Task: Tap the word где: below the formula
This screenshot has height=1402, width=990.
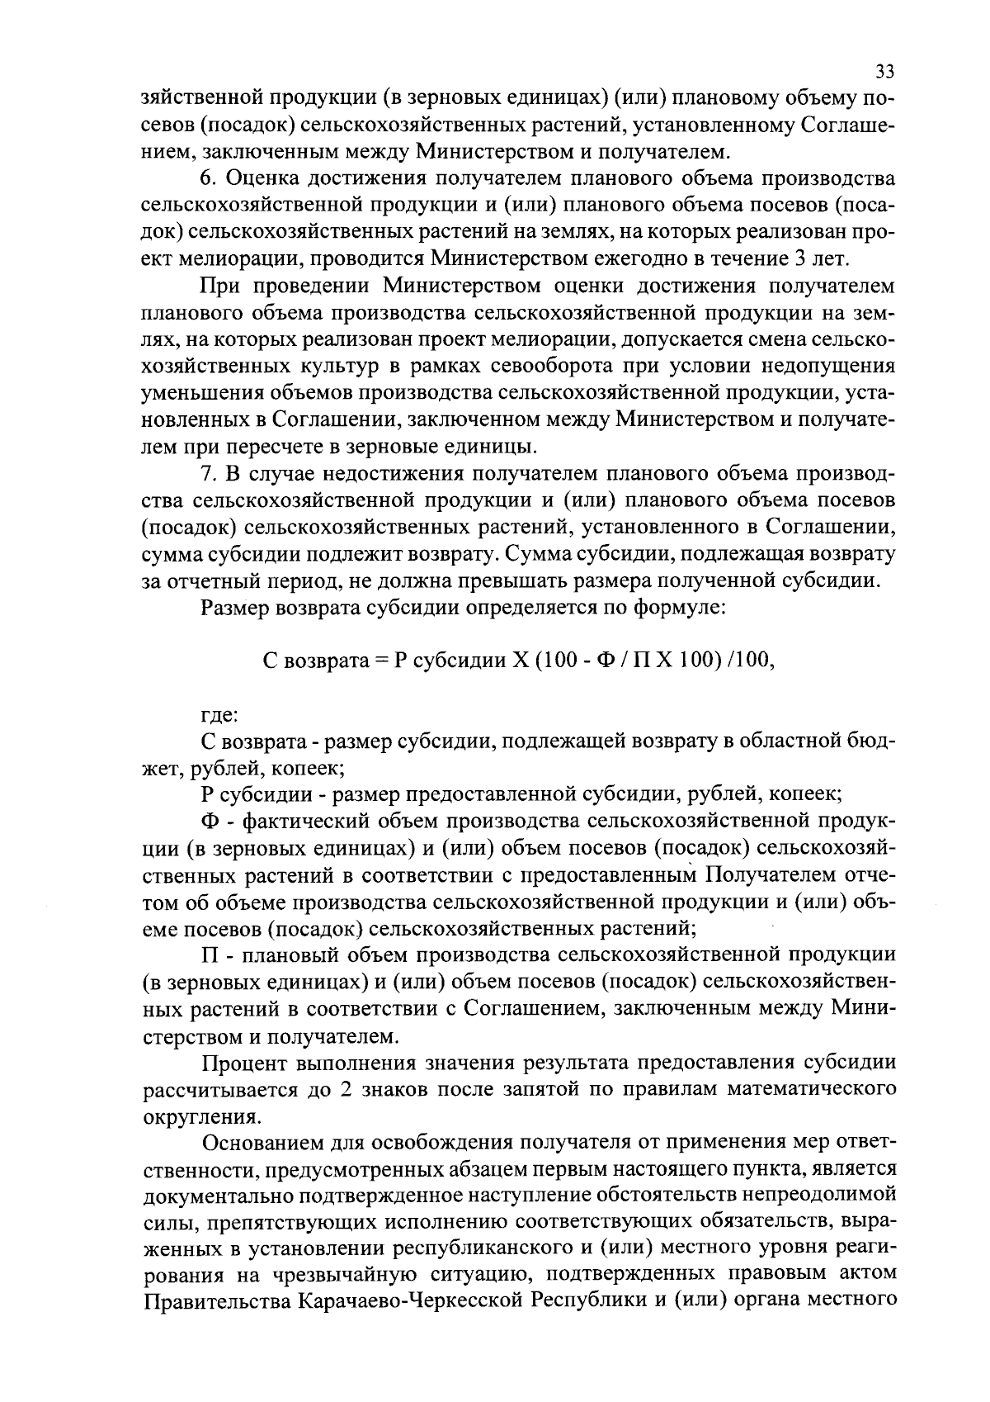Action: tap(219, 715)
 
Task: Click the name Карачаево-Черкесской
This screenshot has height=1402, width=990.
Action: tap(410, 1304)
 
